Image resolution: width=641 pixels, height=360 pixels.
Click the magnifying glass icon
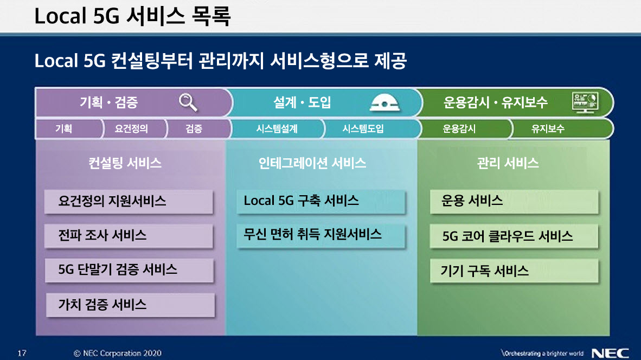(188, 102)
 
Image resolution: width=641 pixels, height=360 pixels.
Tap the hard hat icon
(384, 102)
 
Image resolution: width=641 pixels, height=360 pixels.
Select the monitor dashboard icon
(585, 102)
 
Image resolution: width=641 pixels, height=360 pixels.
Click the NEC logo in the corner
(610, 353)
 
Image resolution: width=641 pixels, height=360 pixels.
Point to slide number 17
(22, 353)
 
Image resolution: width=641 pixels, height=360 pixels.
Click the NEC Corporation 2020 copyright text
(118, 353)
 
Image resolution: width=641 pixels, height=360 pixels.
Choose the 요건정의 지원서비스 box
(129, 202)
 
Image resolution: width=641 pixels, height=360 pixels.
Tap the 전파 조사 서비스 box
(129, 236)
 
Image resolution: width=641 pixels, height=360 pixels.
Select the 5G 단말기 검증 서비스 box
(129, 270)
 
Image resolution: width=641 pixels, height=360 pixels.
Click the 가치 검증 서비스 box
(130, 305)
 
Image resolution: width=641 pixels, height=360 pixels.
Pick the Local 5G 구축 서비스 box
(321, 202)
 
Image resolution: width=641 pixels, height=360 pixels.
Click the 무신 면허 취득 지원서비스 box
(321, 236)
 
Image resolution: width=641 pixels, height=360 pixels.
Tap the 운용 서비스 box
(514, 202)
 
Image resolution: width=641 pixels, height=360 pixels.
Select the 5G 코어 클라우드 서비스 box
(514, 236)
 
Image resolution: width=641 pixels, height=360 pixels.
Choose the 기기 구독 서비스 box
(514, 271)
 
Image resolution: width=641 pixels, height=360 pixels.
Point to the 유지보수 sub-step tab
(561, 128)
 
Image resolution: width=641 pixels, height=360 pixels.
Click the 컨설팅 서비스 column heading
(125, 163)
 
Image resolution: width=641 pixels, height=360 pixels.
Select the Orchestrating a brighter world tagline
(542, 353)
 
